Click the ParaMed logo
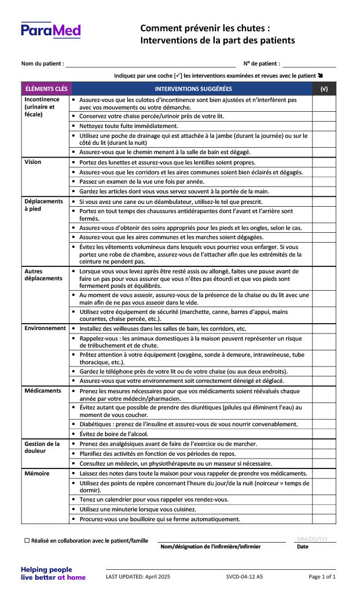coord(51,30)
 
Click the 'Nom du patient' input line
coord(150,64)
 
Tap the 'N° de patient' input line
coord(308,64)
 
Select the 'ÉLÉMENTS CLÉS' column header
coord(46,89)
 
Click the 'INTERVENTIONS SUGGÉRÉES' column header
coord(193,89)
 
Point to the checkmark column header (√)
coord(324,89)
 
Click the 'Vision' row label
coord(33,162)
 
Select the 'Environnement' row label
coord(45,328)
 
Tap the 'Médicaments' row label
coord(43,391)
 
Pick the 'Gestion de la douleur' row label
coord(42,447)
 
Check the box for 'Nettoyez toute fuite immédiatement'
coord(324,126)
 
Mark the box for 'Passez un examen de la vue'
coord(324,182)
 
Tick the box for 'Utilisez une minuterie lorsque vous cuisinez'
coord(324,510)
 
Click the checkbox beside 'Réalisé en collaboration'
coord(27,540)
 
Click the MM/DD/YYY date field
coord(315,539)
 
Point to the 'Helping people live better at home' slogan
coord(53,573)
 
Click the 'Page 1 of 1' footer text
coord(322,577)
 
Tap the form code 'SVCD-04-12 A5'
coord(244,577)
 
